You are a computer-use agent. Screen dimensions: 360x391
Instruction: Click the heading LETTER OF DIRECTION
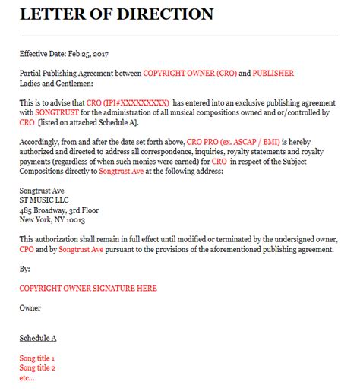pos(116,14)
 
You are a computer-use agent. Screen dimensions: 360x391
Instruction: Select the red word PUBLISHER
pos(269,73)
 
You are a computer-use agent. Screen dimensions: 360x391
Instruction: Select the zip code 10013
pos(74,220)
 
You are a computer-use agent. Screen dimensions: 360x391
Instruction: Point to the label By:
pos(25,269)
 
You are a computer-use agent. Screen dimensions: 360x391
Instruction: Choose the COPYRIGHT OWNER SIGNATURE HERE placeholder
pos(88,289)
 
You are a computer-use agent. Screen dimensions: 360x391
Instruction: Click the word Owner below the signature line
pos(30,307)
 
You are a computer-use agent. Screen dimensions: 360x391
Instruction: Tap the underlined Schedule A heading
pos(39,337)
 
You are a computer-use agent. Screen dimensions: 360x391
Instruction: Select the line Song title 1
pos(37,358)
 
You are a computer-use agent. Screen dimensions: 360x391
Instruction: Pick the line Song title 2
pos(37,367)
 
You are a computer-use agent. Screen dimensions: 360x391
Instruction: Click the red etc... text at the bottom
pos(27,377)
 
